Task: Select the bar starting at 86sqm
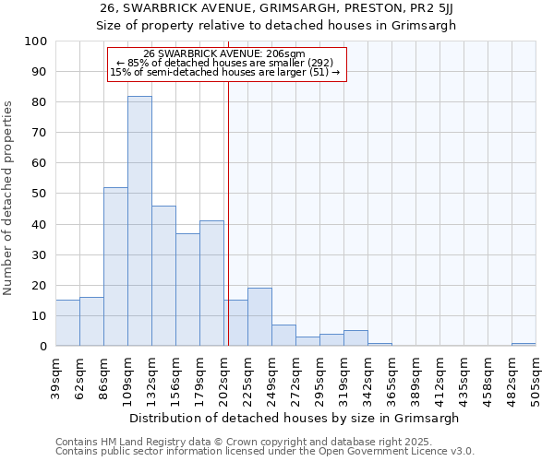coord(115,266)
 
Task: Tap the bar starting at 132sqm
coord(163,276)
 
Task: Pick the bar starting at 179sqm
coord(211,283)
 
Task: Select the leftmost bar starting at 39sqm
coord(67,323)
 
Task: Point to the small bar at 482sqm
coord(524,344)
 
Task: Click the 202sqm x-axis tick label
coord(224,375)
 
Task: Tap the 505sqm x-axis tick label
coord(536,375)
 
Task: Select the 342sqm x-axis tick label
coord(368,375)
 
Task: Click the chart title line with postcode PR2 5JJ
coord(277,8)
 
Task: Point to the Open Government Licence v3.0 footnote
coord(265,452)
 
